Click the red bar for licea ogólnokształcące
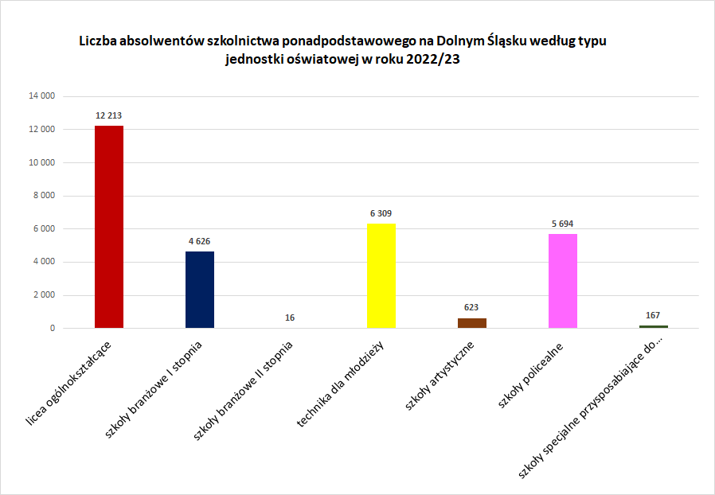(109, 227)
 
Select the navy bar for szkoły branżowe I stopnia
(200, 290)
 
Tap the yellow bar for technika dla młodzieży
(381, 275)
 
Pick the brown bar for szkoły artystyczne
(472, 323)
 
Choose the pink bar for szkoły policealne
(563, 281)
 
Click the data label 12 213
(109, 115)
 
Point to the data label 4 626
(200, 241)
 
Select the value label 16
(290, 318)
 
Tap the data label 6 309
(381, 213)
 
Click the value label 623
(472, 307)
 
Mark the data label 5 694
(563, 224)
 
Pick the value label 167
(653, 315)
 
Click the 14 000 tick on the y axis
(41, 96)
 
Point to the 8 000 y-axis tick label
(44, 196)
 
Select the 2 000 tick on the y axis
(44, 295)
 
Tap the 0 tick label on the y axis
(52, 328)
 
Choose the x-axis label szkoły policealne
(532, 376)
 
